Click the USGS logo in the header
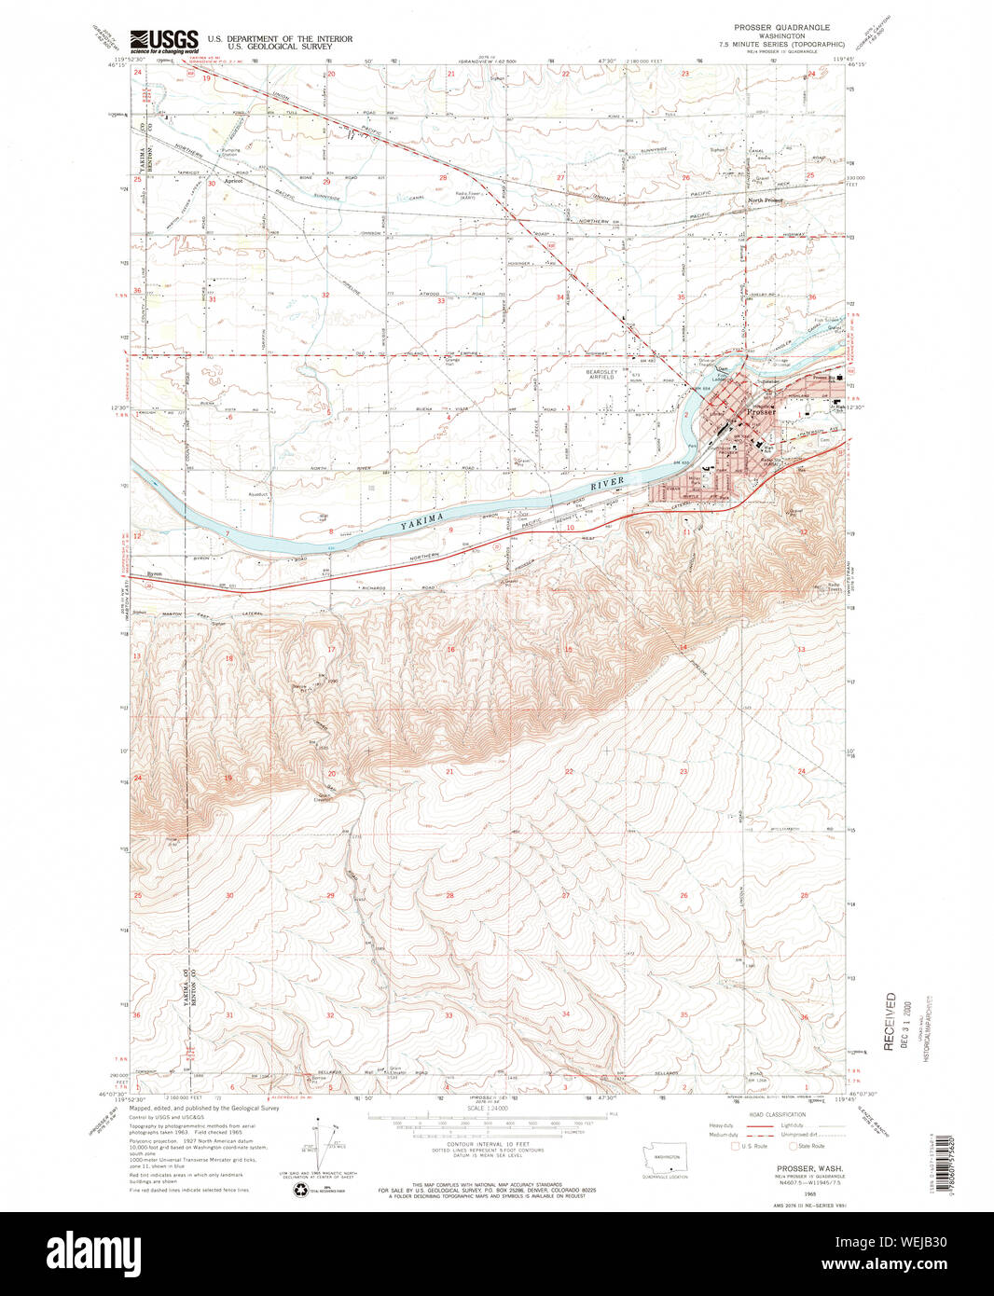pyautogui.click(x=164, y=39)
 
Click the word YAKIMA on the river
pyautogui.click(x=422, y=520)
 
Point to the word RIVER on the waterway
pyautogui.click(x=607, y=484)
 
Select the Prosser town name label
pyautogui.click(x=761, y=412)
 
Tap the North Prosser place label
pyautogui.click(x=766, y=200)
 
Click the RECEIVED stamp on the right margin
pyautogui.click(x=890, y=1022)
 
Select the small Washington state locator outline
pyautogui.click(x=666, y=1155)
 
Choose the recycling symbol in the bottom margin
pyautogui.click(x=300, y=1190)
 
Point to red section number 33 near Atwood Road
pyautogui.click(x=441, y=301)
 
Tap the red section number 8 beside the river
pyautogui.click(x=330, y=531)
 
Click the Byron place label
pyautogui.click(x=155, y=573)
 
